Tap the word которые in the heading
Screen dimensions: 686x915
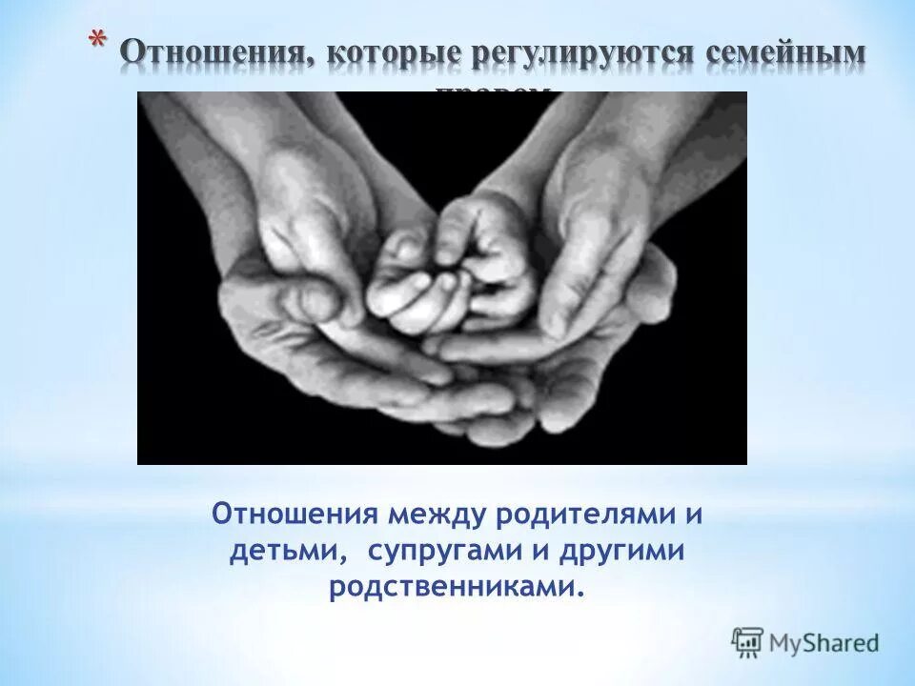pyautogui.click(x=390, y=53)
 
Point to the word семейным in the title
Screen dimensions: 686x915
pyautogui.click(x=786, y=53)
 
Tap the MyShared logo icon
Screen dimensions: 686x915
pyautogui.click(x=747, y=642)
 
